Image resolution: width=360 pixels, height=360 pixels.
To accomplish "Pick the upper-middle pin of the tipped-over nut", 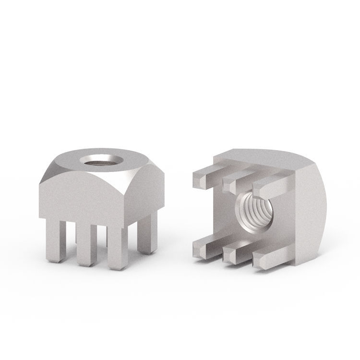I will pos(233,180).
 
